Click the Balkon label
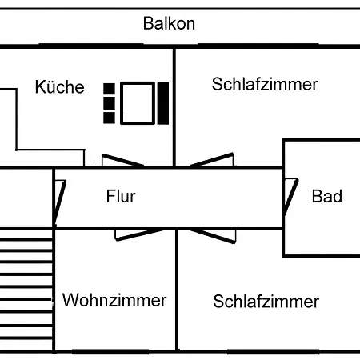click(169, 23)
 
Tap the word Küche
click(60, 86)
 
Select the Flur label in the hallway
click(121, 196)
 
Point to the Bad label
click(327, 196)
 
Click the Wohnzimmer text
click(114, 300)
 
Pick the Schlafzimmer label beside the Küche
click(265, 84)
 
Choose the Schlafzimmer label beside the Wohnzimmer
click(266, 302)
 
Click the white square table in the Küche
click(138, 103)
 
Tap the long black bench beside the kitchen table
click(163, 103)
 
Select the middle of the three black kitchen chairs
click(109, 103)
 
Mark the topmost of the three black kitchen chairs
click(109, 89)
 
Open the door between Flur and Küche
click(122, 160)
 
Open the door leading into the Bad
click(290, 197)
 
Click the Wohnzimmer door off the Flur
click(138, 234)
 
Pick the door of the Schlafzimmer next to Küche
click(212, 160)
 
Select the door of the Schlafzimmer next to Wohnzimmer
click(214, 236)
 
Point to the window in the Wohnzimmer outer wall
click(110, 352)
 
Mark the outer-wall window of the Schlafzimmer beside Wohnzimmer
click(274, 352)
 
